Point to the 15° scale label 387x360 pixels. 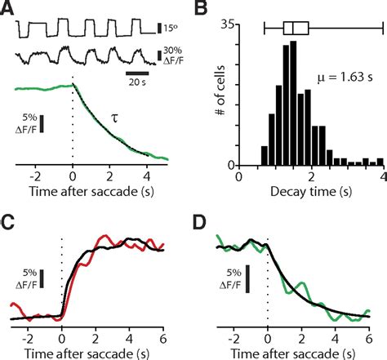tap(171, 29)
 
